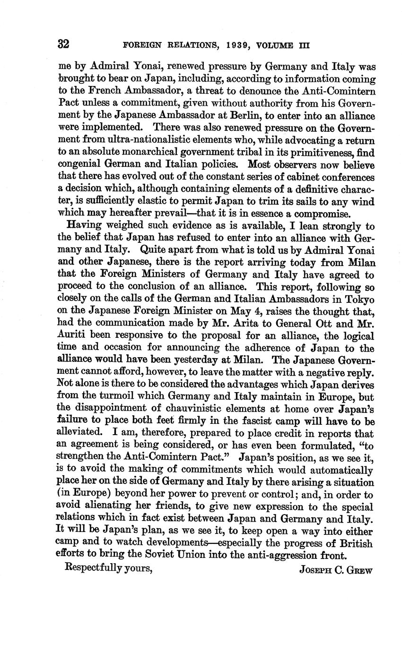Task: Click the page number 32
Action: [64, 44]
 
